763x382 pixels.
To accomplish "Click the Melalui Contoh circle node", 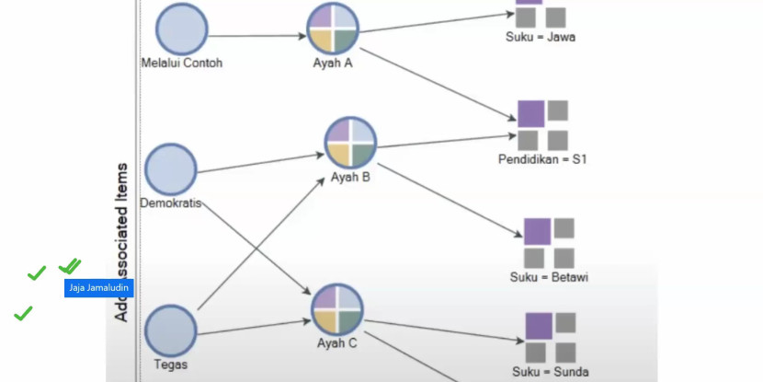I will coord(182,29).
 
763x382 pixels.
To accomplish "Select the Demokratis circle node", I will coord(171,168).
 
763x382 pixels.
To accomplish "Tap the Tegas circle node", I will coord(171,331).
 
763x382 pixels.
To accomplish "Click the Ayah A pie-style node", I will coord(332,29).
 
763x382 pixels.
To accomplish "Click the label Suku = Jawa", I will coord(540,37).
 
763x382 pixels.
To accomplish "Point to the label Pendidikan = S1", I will coord(541,159).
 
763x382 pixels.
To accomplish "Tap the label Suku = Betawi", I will coord(549,277).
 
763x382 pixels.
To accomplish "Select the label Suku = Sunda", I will coord(550,373).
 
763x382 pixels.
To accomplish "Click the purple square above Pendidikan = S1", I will coord(530,113).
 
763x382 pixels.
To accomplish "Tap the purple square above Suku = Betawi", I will coord(537,231).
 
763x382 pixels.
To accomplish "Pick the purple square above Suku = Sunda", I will coord(539,326).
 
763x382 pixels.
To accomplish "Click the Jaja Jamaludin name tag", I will coord(99,288).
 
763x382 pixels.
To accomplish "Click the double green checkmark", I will coord(70,266).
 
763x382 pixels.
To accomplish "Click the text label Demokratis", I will coord(171,203).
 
